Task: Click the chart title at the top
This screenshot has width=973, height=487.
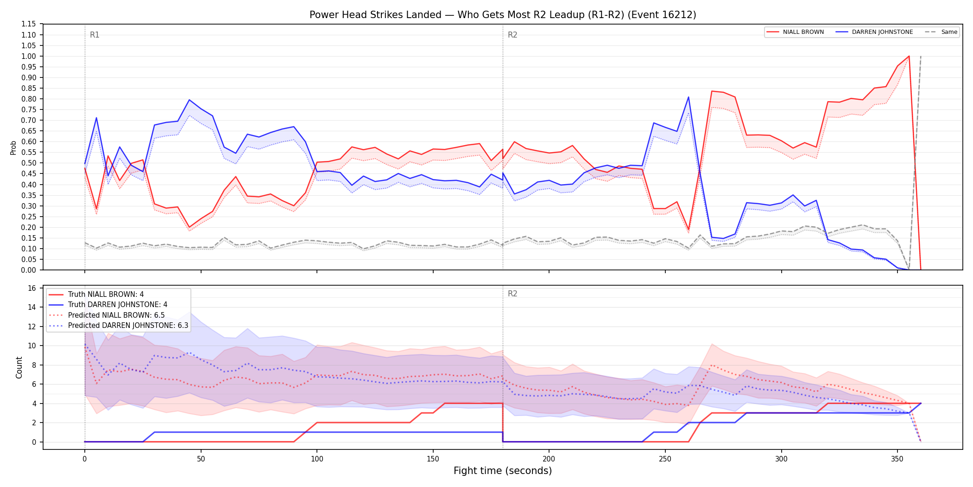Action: click(503, 15)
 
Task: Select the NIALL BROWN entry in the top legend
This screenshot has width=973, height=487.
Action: click(795, 32)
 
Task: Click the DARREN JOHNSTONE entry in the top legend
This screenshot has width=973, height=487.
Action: click(874, 32)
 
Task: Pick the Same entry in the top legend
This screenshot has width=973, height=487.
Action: click(941, 32)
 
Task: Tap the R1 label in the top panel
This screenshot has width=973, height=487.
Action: click(95, 35)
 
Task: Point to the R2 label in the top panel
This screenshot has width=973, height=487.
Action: click(512, 35)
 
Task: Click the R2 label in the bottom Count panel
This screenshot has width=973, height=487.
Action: click(512, 294)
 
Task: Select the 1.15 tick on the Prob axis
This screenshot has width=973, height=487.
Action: click(29, 24)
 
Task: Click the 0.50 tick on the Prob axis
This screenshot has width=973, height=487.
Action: click(29, 163)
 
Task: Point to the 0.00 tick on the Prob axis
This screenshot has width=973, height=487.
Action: click(29, 270)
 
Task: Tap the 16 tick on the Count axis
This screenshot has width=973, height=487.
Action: click(32, 288)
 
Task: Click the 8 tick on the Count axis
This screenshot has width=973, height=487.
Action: click(34, 365)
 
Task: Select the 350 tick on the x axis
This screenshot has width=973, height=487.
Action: click(897, 459)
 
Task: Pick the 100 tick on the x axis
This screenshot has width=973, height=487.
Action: click(317, 459)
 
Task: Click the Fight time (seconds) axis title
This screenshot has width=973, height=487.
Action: click(503, 471)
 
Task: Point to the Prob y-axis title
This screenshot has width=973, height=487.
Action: click(13, 147)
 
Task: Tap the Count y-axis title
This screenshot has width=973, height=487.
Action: click(19, 367)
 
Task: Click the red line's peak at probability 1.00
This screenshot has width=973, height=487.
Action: click(909, 56)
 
